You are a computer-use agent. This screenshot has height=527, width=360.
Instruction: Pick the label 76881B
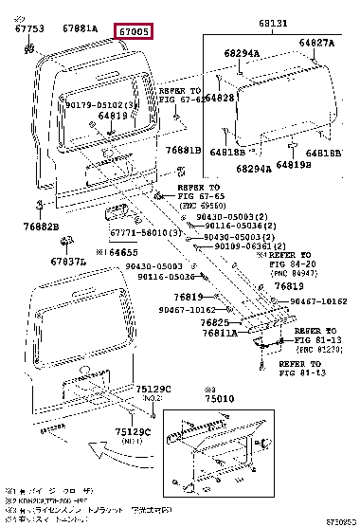click(184, 150)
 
